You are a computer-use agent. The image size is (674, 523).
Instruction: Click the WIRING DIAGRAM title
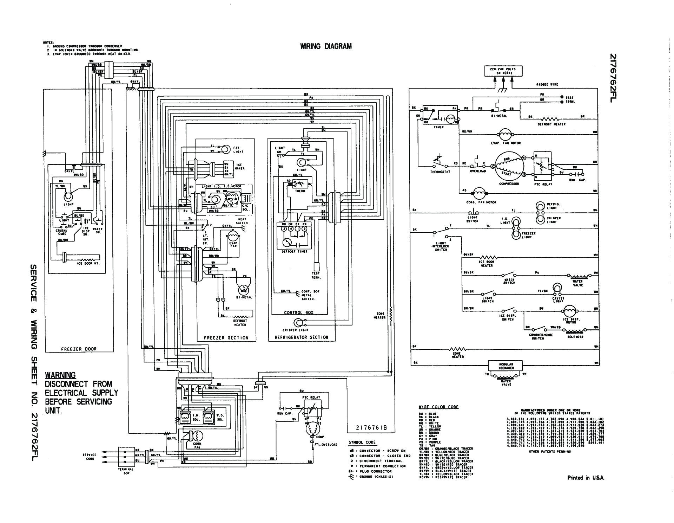pyautogui.click(x=325, y=46)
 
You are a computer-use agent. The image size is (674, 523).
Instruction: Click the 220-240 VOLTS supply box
pyautogui.click(x=503, y=71)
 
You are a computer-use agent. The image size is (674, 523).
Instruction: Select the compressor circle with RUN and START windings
pyautogui.click(x=509, y=166)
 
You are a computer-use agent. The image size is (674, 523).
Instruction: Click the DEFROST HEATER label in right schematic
pyautogui.click(x=551, y=124)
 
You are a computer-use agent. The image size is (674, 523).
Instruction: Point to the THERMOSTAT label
pyautogui.click(x=440, y=172)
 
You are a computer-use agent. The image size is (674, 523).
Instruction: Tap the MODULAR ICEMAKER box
pyautogui.click(x=506, y=366)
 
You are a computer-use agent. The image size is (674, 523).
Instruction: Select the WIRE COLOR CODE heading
pyautogui.click(x=438, y=407)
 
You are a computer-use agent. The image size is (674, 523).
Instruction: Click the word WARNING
pyautogui.click(x=60, y=375)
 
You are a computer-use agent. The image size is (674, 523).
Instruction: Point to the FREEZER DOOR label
pyautogui.click(x=79, y=349)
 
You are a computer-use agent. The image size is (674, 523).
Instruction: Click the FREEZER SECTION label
pyautogui.click(x=226, y=338)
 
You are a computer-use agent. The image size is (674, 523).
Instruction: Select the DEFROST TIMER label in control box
pyautogui.click(x=294, y=252)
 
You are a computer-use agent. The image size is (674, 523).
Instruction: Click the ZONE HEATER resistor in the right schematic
pyautogui.click(x=458, y=349)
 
